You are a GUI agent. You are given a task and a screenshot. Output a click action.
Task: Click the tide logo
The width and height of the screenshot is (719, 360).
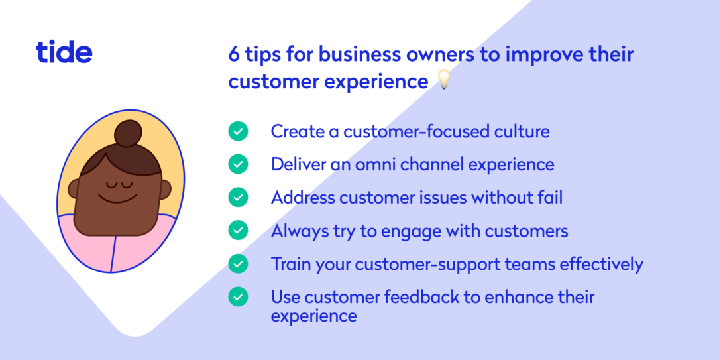click(64, 52)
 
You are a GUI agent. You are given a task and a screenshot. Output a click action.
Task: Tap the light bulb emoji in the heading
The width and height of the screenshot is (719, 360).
click(443, 81)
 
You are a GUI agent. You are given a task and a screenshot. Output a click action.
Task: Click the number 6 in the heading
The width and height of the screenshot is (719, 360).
click(233, 54)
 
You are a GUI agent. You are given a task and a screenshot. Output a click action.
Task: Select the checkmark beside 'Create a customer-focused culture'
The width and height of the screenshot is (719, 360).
click(238, 131)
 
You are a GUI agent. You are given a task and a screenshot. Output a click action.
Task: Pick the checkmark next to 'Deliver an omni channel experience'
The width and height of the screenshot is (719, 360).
click(238, 164)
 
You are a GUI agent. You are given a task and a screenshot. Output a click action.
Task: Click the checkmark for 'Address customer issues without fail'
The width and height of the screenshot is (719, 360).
click(238, 197)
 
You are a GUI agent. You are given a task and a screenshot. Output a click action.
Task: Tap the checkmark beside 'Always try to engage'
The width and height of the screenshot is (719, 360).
click(238, 230)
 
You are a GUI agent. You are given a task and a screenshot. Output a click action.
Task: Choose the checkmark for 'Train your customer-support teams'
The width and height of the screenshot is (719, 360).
click(238, 264)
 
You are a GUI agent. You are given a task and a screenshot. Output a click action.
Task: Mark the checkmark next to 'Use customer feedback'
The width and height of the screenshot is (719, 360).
click(238, 297)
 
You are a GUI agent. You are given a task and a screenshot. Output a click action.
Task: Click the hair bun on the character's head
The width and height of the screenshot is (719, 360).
click(129, 133)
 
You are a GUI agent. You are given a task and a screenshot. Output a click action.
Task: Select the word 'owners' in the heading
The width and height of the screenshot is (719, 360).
click(441, 54)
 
